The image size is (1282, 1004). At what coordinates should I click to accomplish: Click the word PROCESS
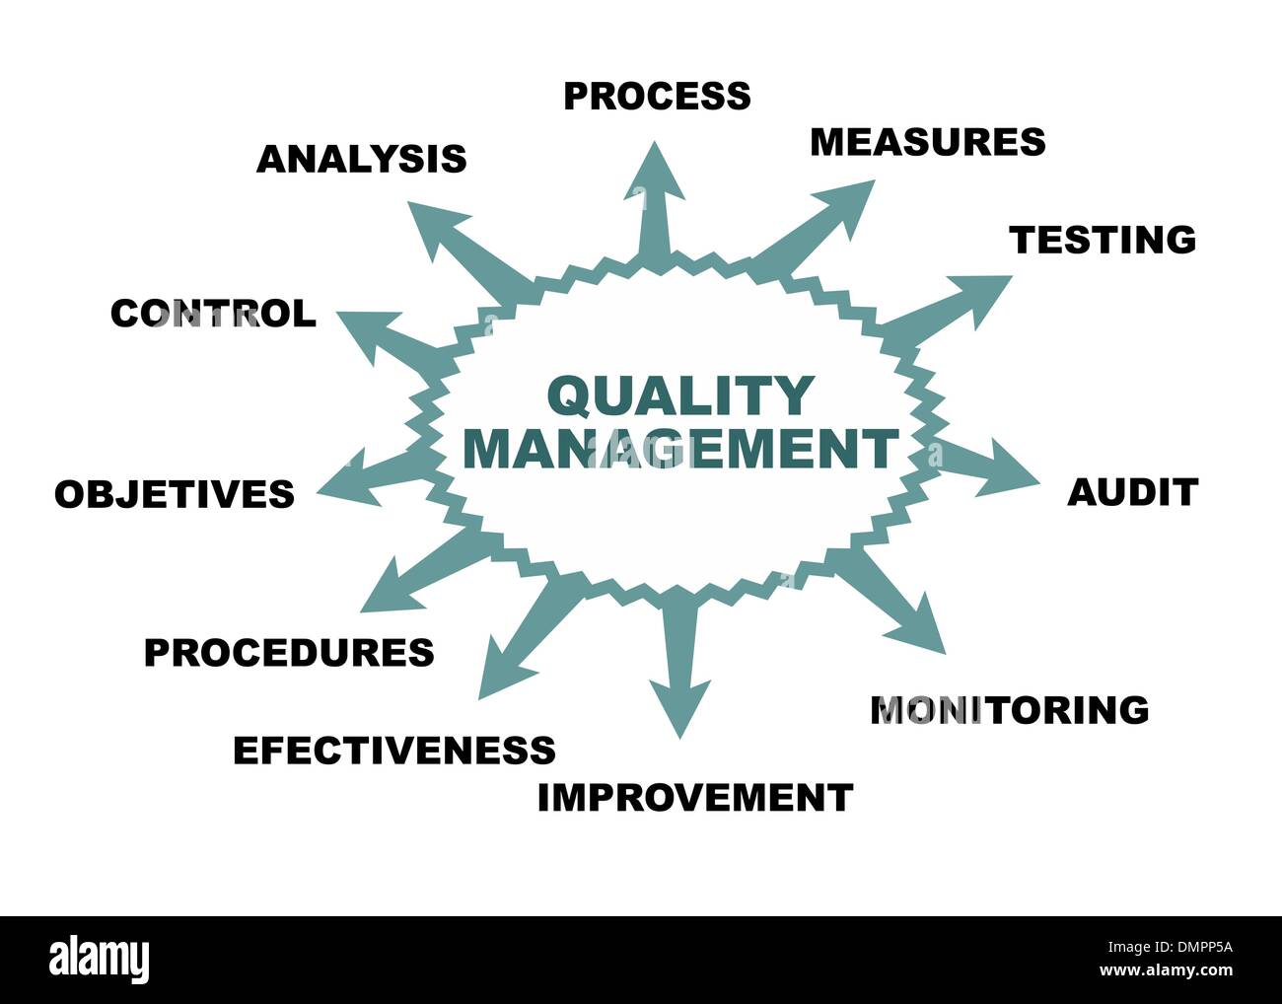(x=657, y=96)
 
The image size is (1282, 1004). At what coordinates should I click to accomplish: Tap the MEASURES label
(x=928, y=142)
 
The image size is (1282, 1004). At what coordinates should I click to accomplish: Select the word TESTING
(x=1103, y=240)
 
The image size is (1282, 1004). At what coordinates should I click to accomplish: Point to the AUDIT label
(x=1133, y=492)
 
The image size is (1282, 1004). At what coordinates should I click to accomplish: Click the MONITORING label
(x=1010, y=710)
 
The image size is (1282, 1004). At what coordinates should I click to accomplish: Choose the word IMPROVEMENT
(x=695, y=798)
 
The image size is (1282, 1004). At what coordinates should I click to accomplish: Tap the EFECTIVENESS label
(x=394, y=750)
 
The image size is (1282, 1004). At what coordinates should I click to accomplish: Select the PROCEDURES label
(x=289, y=653)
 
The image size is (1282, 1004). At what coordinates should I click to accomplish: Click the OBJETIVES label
(x=175, y=494)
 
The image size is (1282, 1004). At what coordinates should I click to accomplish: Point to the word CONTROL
(x=214, y=314)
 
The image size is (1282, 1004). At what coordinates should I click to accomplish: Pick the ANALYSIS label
(x=362, y=159)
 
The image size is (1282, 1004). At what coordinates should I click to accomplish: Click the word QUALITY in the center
(x=681, y=396)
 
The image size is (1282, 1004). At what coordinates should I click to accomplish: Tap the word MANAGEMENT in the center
(x=680, y=449)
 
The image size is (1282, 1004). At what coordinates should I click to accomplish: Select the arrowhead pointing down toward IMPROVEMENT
(x=679, y=708)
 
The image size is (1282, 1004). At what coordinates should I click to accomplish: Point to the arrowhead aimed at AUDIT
(x=1010, y=469)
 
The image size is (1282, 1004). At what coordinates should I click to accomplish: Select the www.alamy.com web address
(x=1167, y=970)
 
